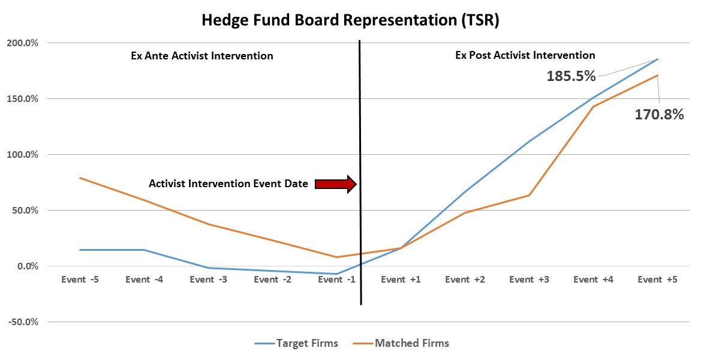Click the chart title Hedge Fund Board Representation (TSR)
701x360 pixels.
350,20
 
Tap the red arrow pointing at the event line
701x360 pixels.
336,184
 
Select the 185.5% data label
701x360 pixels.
571,76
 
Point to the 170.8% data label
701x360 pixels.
659,115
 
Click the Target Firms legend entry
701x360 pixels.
296,343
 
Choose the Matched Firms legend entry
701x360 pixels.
401,343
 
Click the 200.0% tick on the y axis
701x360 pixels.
22,43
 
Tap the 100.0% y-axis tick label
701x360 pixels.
22,155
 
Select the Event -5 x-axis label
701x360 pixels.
80,280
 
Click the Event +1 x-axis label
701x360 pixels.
401,280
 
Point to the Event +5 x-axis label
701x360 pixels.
657,280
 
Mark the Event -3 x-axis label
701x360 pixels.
208,280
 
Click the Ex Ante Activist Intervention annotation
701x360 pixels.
202,56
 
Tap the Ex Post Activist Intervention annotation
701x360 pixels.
525,55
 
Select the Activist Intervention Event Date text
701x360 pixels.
228,184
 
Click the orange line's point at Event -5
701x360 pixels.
80,178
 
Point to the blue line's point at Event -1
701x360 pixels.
336,274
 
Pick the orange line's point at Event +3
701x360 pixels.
529,195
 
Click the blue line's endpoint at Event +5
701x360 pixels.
658,59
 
